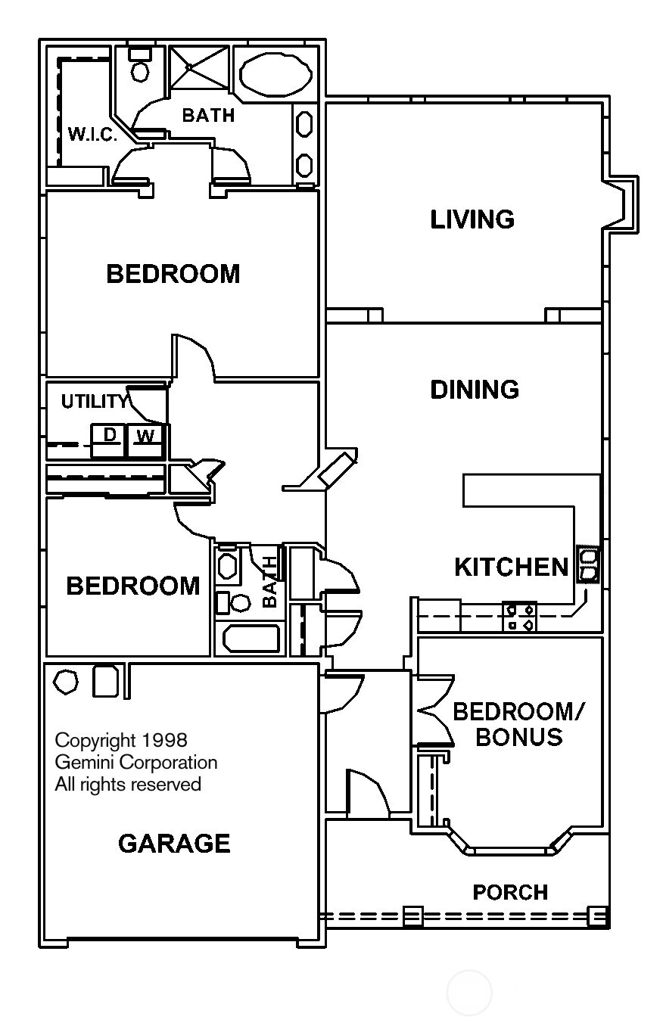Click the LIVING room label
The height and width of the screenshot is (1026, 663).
(x=472, y=219)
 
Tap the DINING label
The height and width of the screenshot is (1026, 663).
(x=475, y=390)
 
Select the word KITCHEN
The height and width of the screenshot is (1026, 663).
(x=511, y=567)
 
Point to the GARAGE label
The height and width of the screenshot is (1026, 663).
(x=174, y=843)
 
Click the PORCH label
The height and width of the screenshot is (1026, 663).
(x=510, y=893)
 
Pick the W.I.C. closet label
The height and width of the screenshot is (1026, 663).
(x=92, y=135)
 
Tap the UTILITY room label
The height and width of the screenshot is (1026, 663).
(x=94, y=402)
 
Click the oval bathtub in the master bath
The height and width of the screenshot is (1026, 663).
(x=275, y=73)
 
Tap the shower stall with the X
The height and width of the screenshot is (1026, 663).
(x=198, y=69)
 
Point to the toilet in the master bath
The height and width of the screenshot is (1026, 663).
(x=139, y=67)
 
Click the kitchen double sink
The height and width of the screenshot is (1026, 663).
(x=588, y=565)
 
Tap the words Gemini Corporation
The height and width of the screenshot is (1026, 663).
(x=136, y=762)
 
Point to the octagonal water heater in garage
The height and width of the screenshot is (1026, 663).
(x=67, y=681)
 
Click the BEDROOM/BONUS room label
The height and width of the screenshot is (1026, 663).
(x=518, y=724)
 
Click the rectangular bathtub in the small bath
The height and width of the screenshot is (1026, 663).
(x=251, y=639)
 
